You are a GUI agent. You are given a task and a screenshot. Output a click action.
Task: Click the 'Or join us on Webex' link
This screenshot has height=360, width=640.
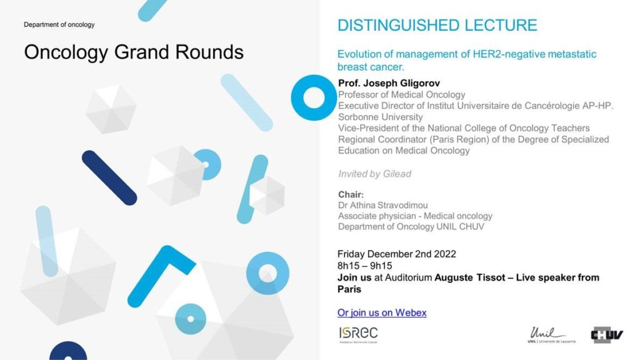pyautogui.click(x=382, y=312)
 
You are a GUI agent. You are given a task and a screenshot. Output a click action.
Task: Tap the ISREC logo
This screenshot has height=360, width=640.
pyautogui.click(x=358, y=334)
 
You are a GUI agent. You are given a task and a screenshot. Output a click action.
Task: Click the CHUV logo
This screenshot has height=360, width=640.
pyautogui.click(x=607, y=335)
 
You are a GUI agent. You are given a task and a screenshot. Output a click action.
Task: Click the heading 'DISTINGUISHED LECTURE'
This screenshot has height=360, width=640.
pyautogui.click(x=437, y=25)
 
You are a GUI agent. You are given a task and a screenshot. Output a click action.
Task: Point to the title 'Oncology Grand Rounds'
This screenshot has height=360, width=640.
pyautogui.click(x=134, y=52)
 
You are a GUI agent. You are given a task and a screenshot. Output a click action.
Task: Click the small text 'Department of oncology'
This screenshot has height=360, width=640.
pyautogui.click(x=59, y=24)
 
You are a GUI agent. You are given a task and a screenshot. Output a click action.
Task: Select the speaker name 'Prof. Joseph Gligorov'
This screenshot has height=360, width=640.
pyautogui.click(x=389, y=83)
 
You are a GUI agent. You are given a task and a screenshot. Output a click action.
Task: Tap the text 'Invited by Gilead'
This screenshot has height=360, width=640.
pyautogui.click(x=375, y=174)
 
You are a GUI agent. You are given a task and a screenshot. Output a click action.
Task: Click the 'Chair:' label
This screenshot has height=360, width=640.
pyautogui.click(x=351, y=195)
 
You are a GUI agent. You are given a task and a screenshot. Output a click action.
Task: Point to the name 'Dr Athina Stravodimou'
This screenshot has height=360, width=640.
pyautogui.click(x=383, y=205)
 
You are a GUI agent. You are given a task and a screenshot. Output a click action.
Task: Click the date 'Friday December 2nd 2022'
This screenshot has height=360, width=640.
pyautogui.click(x=396, y=254)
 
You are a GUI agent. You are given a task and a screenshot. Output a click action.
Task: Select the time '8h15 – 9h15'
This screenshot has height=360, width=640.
pyautogui.click(x=364, y=266)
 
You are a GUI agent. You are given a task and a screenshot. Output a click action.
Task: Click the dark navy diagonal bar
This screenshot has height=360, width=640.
pyautogui.click(x=109, y=178)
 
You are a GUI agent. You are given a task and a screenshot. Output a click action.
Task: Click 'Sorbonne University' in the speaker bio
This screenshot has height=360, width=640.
pyautogui.click(x=381, y=117)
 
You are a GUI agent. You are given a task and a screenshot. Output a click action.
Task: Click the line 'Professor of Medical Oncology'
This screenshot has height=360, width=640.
pyautogui.click(x=402, y=95)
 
